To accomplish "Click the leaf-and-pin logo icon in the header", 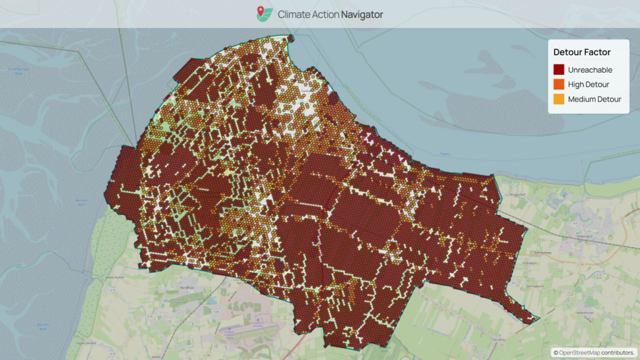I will pos(264,14).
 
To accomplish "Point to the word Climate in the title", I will pos(295,14).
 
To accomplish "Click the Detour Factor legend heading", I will pos(582,52).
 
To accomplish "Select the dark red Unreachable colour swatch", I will pos(559,70).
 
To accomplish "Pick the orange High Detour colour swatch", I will pos(559,84).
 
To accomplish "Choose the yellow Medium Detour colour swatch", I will pos(559,99).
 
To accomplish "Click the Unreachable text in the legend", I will pos(590,70).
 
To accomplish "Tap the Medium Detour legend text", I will pos(594,99).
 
